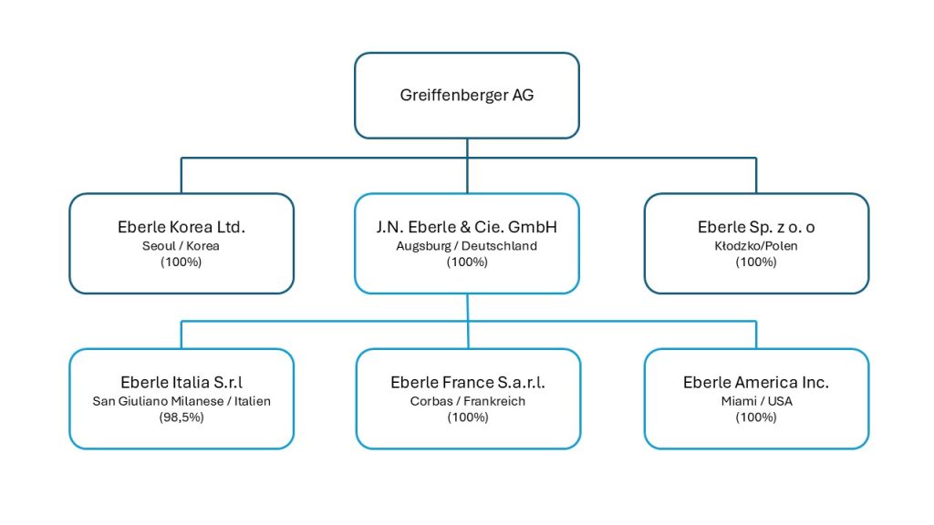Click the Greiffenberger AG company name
click(x=466, y=95)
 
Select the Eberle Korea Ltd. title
click(x=182, y=227)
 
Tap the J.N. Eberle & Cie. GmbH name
click(x=466, y=227)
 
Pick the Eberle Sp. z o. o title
click(x=756, y=227)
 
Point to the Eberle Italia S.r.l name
click(x=182, y=382)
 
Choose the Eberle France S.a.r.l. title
click(x=468, y=382)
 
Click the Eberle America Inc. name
click(x=756, y=382)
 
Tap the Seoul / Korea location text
click(x=181, y=246)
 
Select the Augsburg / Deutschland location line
click(x=466, y=246)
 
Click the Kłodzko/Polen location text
click(x=756, y=246)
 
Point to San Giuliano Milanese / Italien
click(x=182, y=401)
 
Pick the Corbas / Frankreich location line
click(x=468, y=401)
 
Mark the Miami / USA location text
click(x=756, y=401)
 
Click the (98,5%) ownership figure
click(x=182, y=417)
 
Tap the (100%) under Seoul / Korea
click(x=182, y=262)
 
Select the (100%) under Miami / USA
click(x=756, y=417)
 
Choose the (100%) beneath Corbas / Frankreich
click(x=468, y=417)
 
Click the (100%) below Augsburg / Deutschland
click(x=467, y=262)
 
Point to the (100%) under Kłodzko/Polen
click(x=756, y=262)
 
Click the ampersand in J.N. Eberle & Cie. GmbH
click(x=465, y=227)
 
